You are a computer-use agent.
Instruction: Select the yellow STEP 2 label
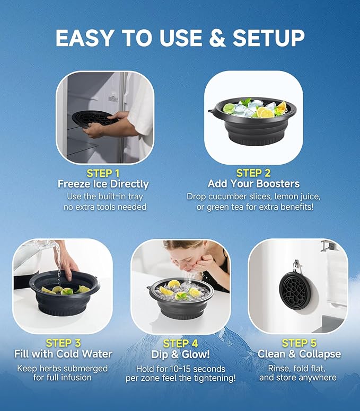click(253, 173)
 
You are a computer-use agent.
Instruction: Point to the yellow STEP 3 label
click(63, 343)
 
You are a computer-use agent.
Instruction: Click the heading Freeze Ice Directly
click(103, 184)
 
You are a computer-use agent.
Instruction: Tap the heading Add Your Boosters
click(253, 184)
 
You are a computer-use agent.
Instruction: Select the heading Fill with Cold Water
click(63, 354)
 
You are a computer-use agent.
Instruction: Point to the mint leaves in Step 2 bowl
click(245, 102)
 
